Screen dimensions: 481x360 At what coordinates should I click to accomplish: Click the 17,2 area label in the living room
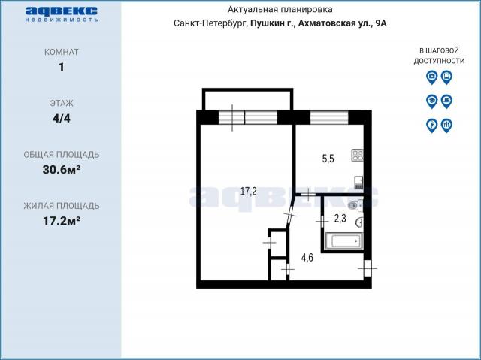(249, 192)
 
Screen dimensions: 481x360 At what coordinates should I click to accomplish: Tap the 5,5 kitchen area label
(328, 159)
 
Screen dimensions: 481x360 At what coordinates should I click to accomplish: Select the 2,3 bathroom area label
(340, 219)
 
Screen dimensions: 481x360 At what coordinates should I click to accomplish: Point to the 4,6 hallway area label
(307, 258)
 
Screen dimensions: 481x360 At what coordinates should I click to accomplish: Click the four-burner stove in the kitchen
(358, 155)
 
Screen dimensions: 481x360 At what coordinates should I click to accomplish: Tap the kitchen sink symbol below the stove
(358, 183)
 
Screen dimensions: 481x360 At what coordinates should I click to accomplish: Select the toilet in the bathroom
(355, 205)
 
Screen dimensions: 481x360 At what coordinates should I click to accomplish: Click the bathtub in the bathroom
(344, 241)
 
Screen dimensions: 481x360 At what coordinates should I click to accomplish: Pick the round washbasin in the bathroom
(360, 223)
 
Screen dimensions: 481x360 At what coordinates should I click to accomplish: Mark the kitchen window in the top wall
(329, 117)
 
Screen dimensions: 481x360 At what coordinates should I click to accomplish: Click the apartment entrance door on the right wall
(368, 268)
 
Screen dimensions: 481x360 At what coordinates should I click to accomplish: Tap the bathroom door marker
(322, 220)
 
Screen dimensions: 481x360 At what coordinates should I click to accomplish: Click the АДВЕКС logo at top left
(62, 14)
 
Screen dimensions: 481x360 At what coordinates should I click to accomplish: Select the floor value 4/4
(62, 118)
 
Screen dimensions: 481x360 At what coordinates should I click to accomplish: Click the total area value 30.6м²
(62, 170)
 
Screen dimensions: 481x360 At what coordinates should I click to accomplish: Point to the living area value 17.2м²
(62, 221)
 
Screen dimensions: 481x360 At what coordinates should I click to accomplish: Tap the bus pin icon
(446, 77)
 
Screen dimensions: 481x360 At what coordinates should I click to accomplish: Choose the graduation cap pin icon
(432, 101)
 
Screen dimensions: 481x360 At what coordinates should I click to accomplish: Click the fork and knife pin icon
(446, 125)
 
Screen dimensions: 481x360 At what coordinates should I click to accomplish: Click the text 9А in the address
(381, 23)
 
